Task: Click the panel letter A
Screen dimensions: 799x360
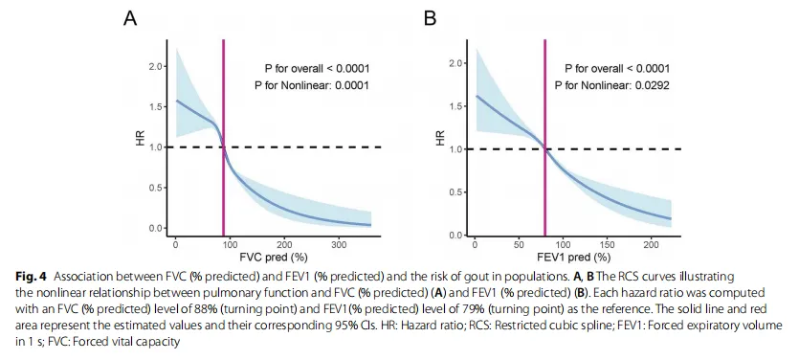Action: click(x=130, y=19)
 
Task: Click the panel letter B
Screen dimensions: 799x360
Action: click(x=430, y=19)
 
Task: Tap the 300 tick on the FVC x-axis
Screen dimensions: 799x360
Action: click(x=339, y=244)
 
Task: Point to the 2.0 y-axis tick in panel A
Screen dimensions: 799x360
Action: click(x=155, y=66)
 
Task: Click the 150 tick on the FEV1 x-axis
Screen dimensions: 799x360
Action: click(x=607, y=244)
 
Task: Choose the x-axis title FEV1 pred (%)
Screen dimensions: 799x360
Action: click(x=576, y=256)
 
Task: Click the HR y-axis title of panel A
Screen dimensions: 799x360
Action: click(x=141, y=138)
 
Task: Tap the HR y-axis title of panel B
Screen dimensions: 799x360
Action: click(x=441, y=138)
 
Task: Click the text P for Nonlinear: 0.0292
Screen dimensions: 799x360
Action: click(x=612, y=85)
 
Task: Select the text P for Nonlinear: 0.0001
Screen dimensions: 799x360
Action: click(x=312, y=85)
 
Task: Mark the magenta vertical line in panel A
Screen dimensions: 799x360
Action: click(x=223, y=138)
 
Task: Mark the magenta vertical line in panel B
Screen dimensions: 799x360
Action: click(x=544, y=138)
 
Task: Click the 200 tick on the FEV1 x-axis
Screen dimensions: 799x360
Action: click(x=651, y=244)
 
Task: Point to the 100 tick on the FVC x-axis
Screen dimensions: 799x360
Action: click(x=230, y=244)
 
